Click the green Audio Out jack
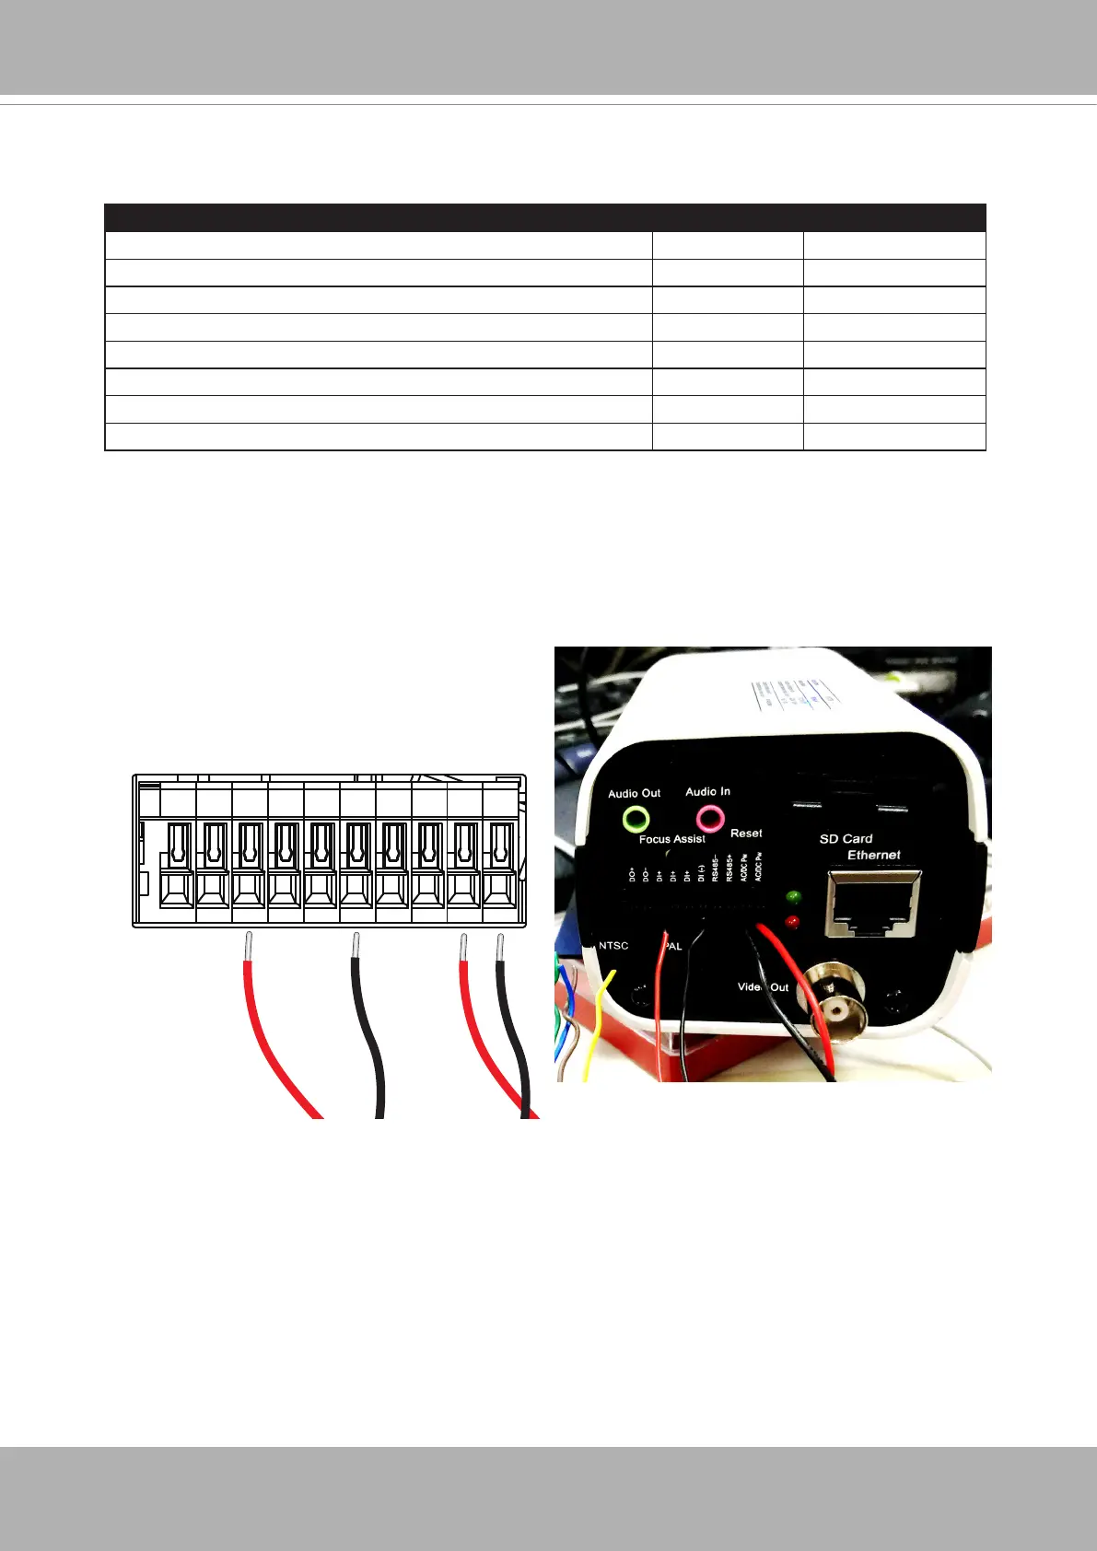(636, 818)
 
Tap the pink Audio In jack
(709, 817)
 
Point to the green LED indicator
(792, 895)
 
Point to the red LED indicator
(792, 921)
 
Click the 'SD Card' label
(846, 838)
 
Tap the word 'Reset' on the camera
(746, 833)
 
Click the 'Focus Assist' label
(672, 839)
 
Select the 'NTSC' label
(613, 946)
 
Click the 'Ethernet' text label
(874, 855)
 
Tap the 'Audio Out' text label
(634, 793)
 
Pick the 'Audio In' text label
(707, 791)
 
